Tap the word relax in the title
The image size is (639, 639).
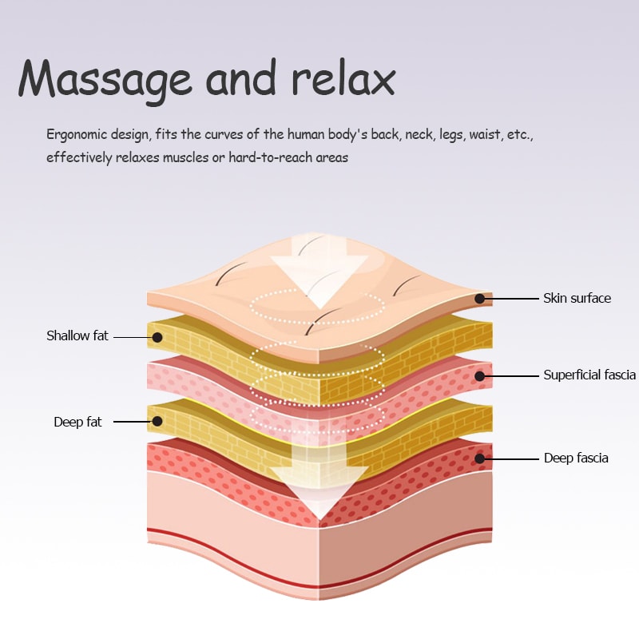343,80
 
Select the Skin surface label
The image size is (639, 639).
577,298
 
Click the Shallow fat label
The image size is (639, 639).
77,335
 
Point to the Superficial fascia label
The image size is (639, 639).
589,375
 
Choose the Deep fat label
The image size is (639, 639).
77,422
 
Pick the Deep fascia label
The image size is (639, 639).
576,458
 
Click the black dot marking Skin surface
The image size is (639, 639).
480,299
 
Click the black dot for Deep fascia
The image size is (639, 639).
480,458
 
